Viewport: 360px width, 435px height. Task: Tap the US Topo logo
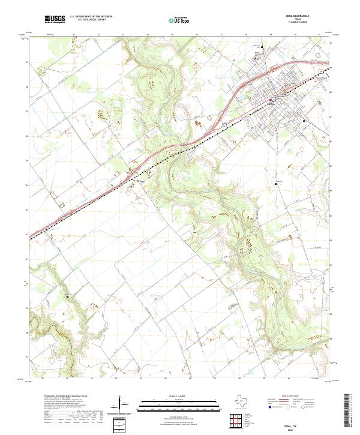click(180, 20)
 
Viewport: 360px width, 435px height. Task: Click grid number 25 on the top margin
click(172, 35)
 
